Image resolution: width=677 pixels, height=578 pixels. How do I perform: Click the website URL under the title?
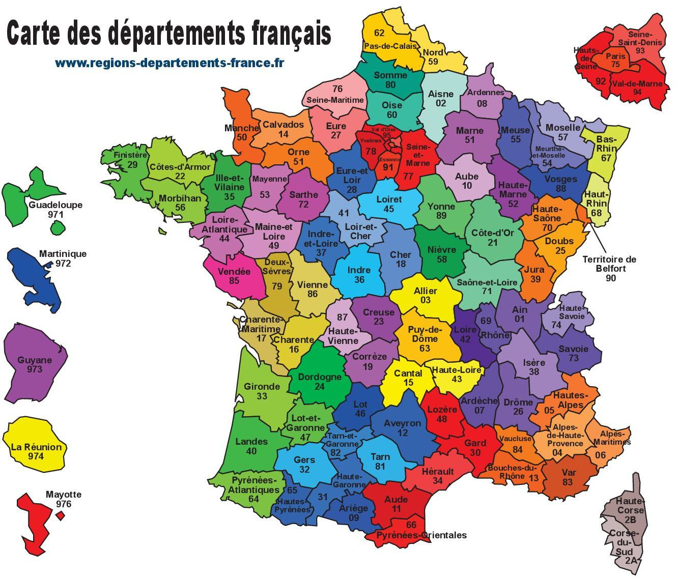coord(170,63)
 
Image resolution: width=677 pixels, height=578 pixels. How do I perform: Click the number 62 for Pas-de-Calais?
coord(379,33)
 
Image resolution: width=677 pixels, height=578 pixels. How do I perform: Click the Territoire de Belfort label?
coord(609,268)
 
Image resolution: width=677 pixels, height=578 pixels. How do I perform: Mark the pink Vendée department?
coord(234,276)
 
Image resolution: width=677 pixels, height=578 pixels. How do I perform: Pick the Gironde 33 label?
coord(262,391)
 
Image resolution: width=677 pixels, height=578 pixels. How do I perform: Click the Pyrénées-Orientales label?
coord(421,535)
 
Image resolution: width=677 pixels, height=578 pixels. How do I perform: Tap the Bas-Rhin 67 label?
coord(607,148)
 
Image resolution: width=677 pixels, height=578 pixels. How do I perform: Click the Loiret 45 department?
coord(389,204)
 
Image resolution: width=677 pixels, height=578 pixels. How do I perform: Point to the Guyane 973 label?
coord(35,364)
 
